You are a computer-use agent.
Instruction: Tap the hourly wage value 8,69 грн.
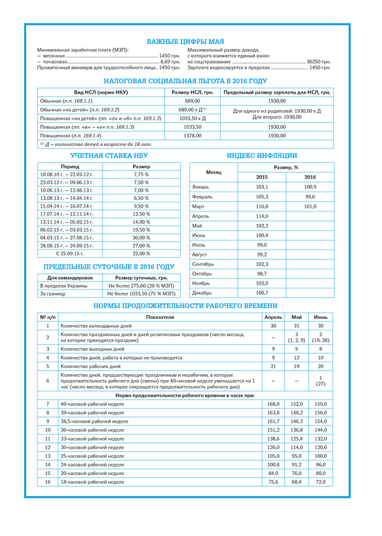(160, 62)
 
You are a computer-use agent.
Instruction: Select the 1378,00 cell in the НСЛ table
(192, 136)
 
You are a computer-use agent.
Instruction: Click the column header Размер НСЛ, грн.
(192, 92)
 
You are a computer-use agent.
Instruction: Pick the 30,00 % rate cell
(141, 237)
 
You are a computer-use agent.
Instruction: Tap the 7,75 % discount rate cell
(141, 174)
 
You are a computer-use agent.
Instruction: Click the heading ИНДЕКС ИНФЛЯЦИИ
(262, 155)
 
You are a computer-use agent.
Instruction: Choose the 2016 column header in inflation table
(310, 177)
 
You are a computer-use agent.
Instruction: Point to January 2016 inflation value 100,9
(310, 187)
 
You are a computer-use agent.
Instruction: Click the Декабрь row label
(203, 293)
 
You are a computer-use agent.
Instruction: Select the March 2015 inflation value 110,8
(262, 207)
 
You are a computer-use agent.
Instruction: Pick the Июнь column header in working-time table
(321, 316)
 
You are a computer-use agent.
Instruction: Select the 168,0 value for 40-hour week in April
(273, 404)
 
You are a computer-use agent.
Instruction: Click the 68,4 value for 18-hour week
(297, 482)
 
